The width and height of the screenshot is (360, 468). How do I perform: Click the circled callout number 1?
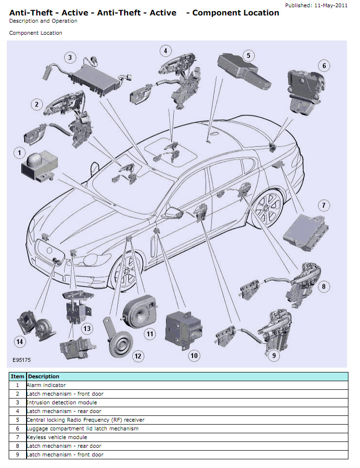pyautogui.click(x=19, y=153)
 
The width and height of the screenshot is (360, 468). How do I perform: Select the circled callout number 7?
pyautogui.click(x=324, y=206)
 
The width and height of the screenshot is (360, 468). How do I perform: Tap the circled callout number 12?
pyautogui.click(x=138, y=356)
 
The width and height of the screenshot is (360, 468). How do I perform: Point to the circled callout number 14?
pyautogui.click(x=19, y=342)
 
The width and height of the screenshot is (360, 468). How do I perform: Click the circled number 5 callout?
pyautogui.click(x=249, y=55)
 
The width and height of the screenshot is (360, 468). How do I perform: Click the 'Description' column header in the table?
pyautogui.click(x=44, y=376)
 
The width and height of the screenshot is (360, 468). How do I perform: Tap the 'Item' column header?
pyautogui.click(x=18, y=376)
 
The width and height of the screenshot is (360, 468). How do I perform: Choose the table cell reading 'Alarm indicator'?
pyautogui.click(x=46, y=385)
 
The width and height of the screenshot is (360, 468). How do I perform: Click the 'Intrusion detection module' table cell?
pyautogui.click(x=62, y=402)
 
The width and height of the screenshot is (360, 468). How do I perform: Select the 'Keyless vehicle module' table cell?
pyautogui.click(x=57, y=437)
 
